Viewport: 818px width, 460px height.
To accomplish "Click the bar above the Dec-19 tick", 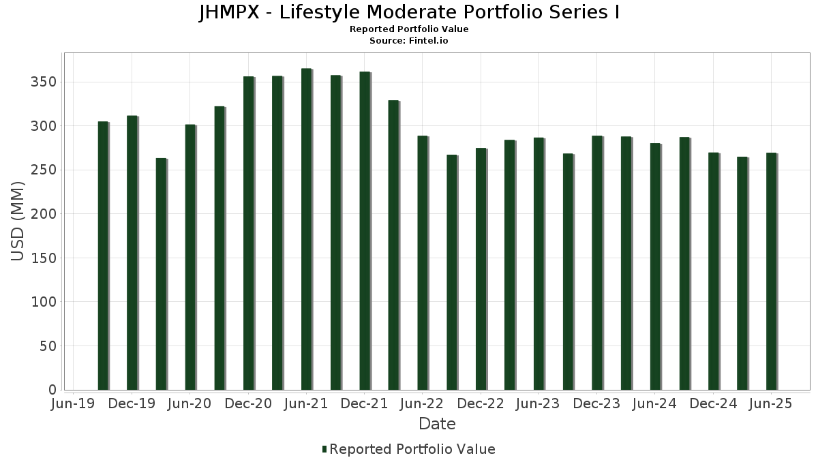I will click(132, 253).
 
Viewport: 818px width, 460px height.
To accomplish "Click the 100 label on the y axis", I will click(44, 302).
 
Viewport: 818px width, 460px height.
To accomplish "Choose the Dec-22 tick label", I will click(481, 404).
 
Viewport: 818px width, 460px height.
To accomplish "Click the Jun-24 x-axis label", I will click(654, 404).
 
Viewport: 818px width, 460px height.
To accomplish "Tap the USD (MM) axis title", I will click(19, 221).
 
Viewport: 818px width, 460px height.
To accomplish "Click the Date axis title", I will click(437, 424).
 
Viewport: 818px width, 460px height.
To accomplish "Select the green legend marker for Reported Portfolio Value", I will click(324, 449).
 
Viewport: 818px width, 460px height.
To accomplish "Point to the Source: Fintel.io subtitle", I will click(409, 41).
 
